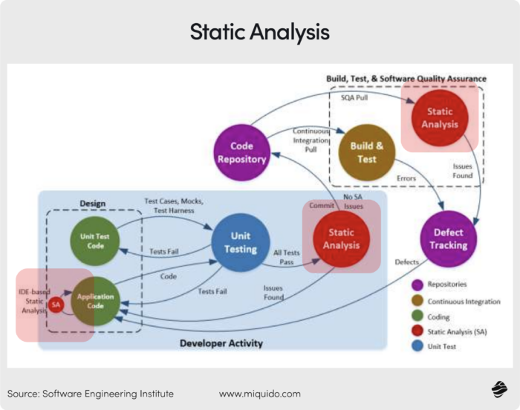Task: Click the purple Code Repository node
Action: (242, 152)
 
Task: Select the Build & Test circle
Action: (366, 152)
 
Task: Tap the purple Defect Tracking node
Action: (448, 238)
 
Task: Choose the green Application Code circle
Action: (95, 301)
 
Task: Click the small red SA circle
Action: (56, 305)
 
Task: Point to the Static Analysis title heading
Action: (260, 32)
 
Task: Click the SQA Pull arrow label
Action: (354, 97)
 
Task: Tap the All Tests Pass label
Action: (287, 258)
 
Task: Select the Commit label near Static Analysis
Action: (322, 205)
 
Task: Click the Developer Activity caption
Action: (221, 343)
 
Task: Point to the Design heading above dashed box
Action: (92, 203)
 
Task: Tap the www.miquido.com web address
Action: (260, 393)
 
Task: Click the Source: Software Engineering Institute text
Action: (90, 393)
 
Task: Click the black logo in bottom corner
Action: (499, 389)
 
